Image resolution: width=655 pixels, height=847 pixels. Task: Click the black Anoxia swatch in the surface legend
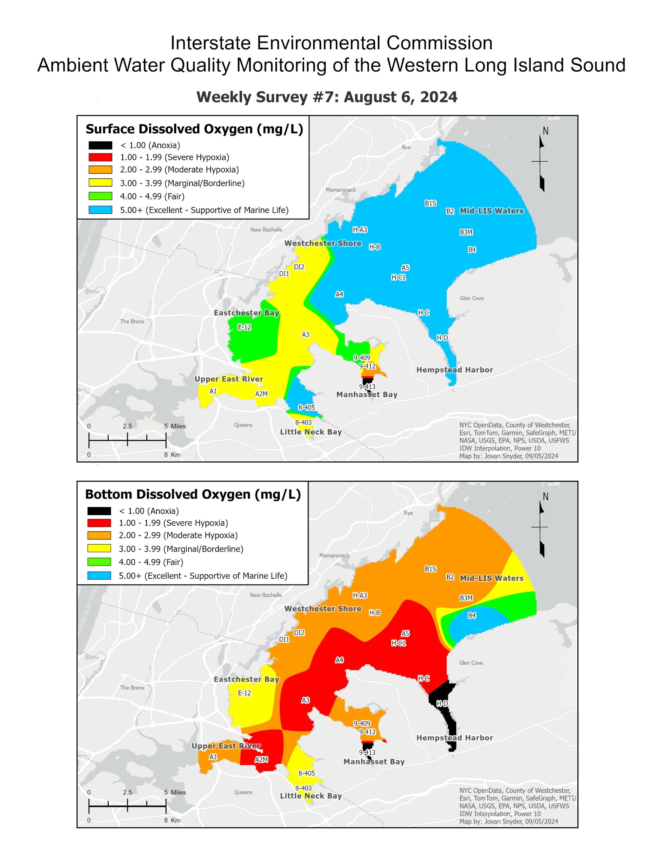(x=100, y=145)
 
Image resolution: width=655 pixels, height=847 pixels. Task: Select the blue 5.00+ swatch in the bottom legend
(x=99, y=576)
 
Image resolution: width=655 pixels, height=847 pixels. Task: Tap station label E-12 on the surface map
(x=244, y=327)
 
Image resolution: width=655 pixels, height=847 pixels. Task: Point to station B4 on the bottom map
(x=472, y=616)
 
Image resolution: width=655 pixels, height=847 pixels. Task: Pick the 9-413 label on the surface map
(x=367, y=387)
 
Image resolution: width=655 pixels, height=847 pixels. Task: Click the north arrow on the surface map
(x=542, y=163)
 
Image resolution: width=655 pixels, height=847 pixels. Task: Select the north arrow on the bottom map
(x=542, y=529)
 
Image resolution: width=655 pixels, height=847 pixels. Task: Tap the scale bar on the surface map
(x=127, y=440)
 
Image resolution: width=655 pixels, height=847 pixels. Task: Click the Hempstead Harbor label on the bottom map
(x=454, y=738)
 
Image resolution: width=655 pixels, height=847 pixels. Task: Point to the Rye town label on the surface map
(x=406, y=147)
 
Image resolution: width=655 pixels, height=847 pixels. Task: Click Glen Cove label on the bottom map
(x=471, y=663)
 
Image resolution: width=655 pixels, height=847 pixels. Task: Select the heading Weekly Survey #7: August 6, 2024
(x=327, y=97)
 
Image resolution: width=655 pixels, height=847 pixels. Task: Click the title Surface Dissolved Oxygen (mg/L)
(x=194, y=129)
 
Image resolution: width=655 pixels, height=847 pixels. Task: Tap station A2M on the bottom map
(x=261, y=760)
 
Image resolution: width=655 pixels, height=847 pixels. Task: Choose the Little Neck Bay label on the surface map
(x=310, y=432)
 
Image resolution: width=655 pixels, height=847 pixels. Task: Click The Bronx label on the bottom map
(x=132, y=688)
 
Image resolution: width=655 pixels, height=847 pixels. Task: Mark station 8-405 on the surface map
(x=306, y=407)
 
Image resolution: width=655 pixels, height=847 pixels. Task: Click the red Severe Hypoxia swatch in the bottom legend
(x=99, y=523)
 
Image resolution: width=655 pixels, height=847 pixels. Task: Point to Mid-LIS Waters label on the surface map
(x=491, y=211)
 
